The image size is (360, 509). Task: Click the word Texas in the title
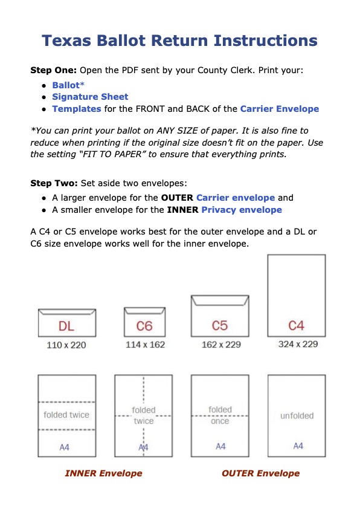click(66, 41)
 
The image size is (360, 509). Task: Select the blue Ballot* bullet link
click(68, 85)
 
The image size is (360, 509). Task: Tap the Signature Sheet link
click(90, 97)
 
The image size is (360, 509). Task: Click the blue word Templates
click(77, 109)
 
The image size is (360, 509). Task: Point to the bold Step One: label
click(54, 71)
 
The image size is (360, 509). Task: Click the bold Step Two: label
click(54, 183)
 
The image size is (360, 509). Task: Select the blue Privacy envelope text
click(242, 210)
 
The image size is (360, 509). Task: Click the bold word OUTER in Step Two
click(177, 198)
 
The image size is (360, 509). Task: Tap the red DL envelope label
click(66, 326)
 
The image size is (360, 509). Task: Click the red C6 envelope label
click(144, 326)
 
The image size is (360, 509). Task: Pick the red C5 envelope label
click(220, 326)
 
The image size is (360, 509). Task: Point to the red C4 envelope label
click(297, 326)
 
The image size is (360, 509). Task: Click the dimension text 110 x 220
click(66, 345)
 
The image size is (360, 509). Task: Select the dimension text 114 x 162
click(146, 345)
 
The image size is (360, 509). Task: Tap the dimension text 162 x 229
click(221, 345)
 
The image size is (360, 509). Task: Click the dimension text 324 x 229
click(298, 344)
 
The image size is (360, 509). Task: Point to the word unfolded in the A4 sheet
click(297, 416)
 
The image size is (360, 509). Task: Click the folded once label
click(220, 415)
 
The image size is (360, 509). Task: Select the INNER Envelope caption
click(104, 473)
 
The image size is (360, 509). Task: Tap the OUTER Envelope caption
click(261, 473)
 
